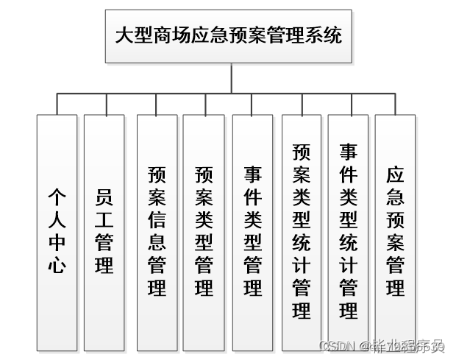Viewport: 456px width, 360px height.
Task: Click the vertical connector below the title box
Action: point(229,78)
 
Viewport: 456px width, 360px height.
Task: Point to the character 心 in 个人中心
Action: point(57,264)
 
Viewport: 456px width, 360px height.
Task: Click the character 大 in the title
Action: point(124,36)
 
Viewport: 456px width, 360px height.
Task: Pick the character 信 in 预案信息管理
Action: point(157,220)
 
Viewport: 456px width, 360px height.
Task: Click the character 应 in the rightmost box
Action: point(395,175)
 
